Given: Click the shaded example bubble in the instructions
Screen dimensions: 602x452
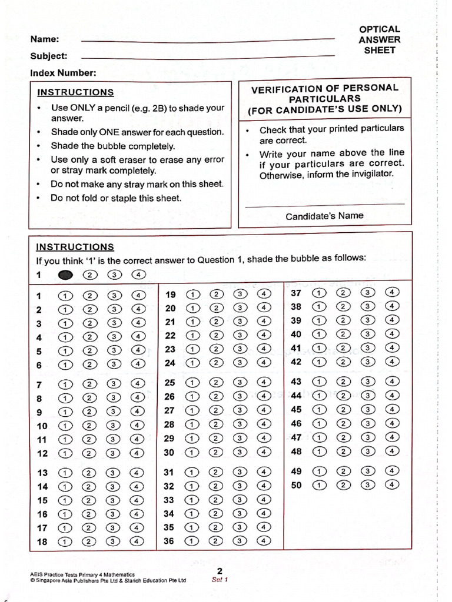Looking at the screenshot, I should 65,275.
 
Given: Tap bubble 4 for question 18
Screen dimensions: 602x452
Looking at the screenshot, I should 138,542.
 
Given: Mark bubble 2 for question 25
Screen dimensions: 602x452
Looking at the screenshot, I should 216,383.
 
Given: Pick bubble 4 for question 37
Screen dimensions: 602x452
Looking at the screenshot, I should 393,292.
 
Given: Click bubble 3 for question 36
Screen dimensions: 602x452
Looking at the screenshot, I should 240,541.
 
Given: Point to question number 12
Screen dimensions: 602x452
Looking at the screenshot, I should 42,453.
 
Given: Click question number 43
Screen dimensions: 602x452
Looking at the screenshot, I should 296,382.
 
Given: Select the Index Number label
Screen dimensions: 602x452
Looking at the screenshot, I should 63,73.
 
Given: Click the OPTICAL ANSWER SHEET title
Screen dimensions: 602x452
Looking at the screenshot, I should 380,39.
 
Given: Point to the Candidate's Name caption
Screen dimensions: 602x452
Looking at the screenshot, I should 324,216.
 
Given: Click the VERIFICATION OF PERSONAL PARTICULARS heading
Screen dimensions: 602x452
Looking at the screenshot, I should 324,99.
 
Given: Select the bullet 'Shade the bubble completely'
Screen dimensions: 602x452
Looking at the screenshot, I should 112,146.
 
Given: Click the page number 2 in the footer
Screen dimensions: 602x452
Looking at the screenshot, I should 219,571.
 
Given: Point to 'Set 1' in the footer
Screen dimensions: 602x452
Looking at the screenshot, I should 219,579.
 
